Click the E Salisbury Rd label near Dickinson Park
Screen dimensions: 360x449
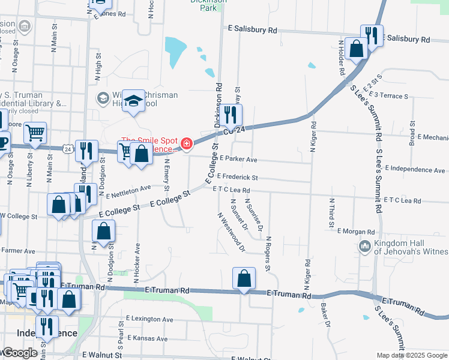tap(253, 29)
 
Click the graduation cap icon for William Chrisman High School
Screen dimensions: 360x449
tap(134, 100)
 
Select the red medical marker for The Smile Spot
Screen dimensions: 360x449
tap(187, 144)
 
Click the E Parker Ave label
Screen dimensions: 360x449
tap(238, 160)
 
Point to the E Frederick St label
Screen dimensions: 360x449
tap(238, 178)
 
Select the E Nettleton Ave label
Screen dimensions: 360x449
tap(128, 191)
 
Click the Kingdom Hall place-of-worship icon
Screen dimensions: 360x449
tap(364, 246)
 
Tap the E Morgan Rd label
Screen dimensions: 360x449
tap(356, 231)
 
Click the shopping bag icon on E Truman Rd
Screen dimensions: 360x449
tap(244, 279)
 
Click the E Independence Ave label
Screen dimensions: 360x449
tap(415, 170)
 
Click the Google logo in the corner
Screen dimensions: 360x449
tap(19, 353)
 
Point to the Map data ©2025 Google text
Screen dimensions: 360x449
tap(411, 355)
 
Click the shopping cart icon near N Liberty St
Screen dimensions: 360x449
tap(35, 133)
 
